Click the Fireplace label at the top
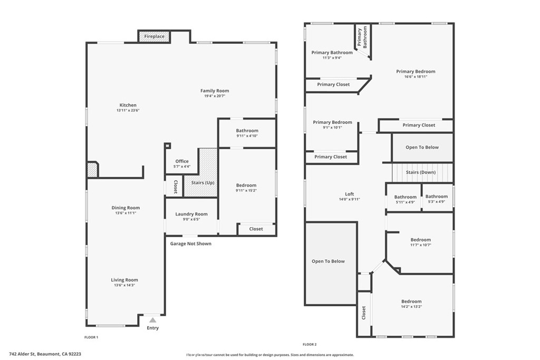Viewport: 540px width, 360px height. (155, 36)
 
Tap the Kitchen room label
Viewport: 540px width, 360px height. (128, 105)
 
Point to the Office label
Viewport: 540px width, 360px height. (182, 161)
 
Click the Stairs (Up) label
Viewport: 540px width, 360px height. (202, 182)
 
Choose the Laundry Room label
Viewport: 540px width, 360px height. (191, 214)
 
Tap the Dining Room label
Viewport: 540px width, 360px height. (126, 208)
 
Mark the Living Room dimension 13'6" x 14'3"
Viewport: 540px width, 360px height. (124, 285)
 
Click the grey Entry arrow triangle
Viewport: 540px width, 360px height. (152, 319)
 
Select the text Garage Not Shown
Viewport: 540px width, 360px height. (190, 244)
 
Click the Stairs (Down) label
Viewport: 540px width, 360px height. (420, 172)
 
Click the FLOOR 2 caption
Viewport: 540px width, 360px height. (310, 344)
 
